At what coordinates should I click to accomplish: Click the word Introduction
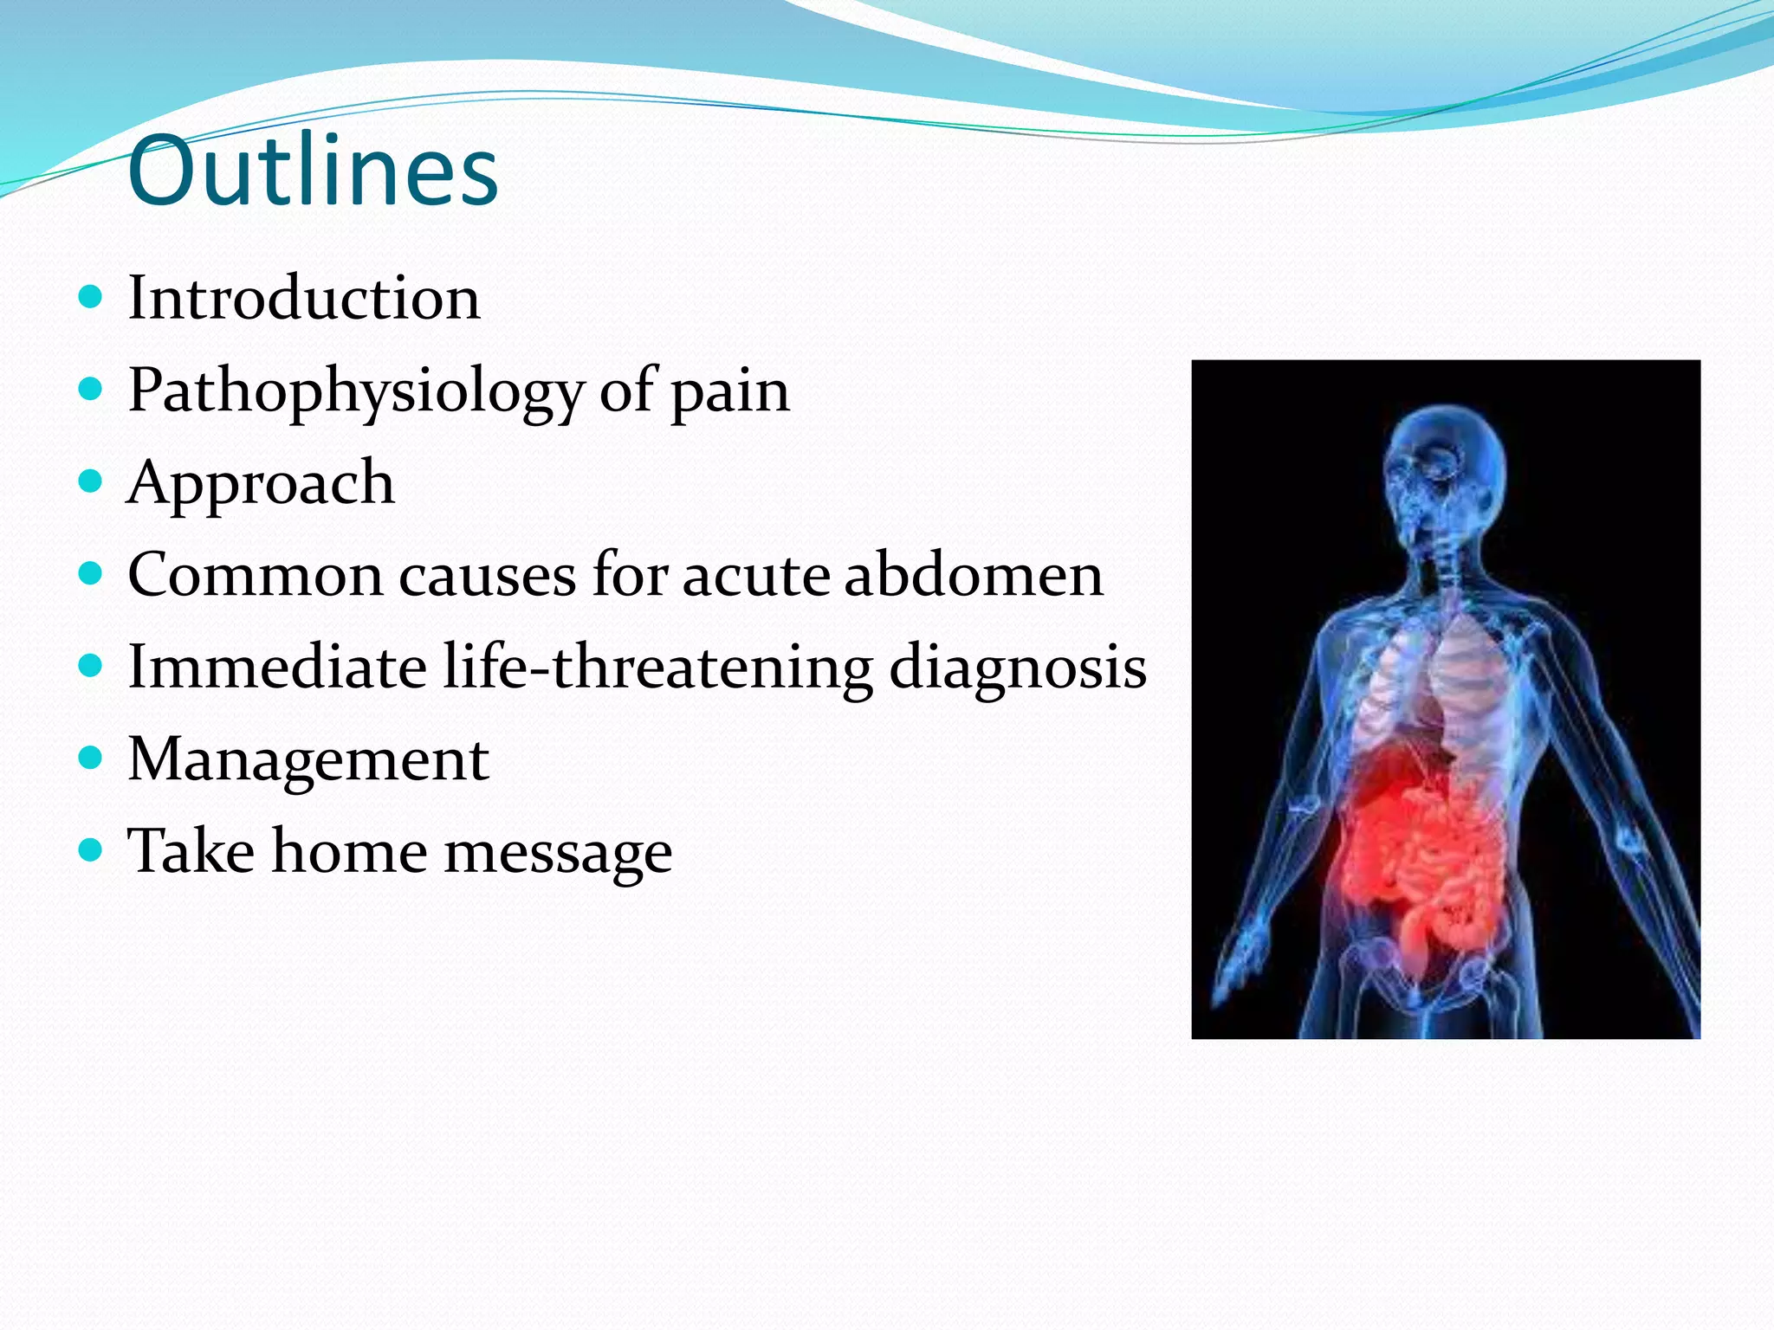click(x=303, y=298)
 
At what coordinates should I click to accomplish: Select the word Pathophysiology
click(x=355, y=391)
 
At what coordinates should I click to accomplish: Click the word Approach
click(x=260, y=483)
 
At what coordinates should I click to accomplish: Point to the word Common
click(x=255, y=575)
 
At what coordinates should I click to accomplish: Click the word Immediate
click(x=277, y=667)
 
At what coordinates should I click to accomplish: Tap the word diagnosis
click(x=1018, y=668)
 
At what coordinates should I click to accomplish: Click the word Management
click(x=308, y=759)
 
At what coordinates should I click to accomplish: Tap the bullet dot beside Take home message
click(x=90, y=851)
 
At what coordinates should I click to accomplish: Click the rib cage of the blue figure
click(x=1438, y=684)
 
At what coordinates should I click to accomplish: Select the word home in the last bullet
click(x=349, y=851)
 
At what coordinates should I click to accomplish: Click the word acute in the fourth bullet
click(x=755, y=575)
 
